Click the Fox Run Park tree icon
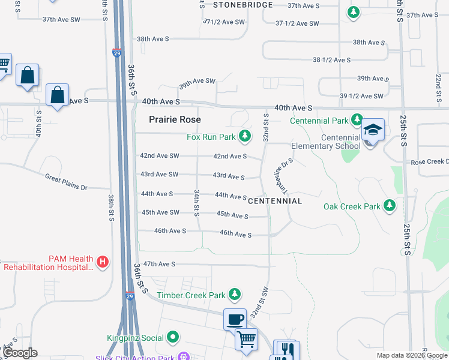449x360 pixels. tap(244, 137)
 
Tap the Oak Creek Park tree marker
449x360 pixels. tap(390, 206)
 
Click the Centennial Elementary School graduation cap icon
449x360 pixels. tap(372, 130)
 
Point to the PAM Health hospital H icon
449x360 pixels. tap(103, 262)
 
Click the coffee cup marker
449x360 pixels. tap(235, 319)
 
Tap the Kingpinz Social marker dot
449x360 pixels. tap(173, 338)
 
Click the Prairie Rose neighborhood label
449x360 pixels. tap(175, 120)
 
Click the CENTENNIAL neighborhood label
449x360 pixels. tap(274, 201)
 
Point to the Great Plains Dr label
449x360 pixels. tap(66, 181)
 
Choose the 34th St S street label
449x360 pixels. tap(196, 203)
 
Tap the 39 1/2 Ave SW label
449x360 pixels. tap(361, 96)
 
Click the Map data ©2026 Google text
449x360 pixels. tap(412, 356)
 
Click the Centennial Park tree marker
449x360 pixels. tap(357, 120)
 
